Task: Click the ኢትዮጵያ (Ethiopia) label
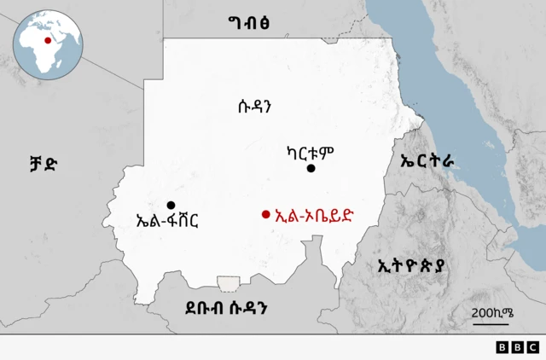tap(413, 265)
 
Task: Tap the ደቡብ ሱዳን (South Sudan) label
tap(227, 307)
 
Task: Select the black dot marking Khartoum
tap(311, 169)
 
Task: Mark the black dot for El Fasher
tap(171, 205)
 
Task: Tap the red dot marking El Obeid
tap(266, 214)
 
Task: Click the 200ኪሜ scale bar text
tap(493, 311)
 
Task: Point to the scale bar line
tap(491, 322)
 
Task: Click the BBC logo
tap(517, 346)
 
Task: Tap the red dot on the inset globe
tap(46, 38)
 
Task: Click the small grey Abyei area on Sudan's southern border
tap(229, 282)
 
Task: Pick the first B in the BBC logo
tap(502, 346)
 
